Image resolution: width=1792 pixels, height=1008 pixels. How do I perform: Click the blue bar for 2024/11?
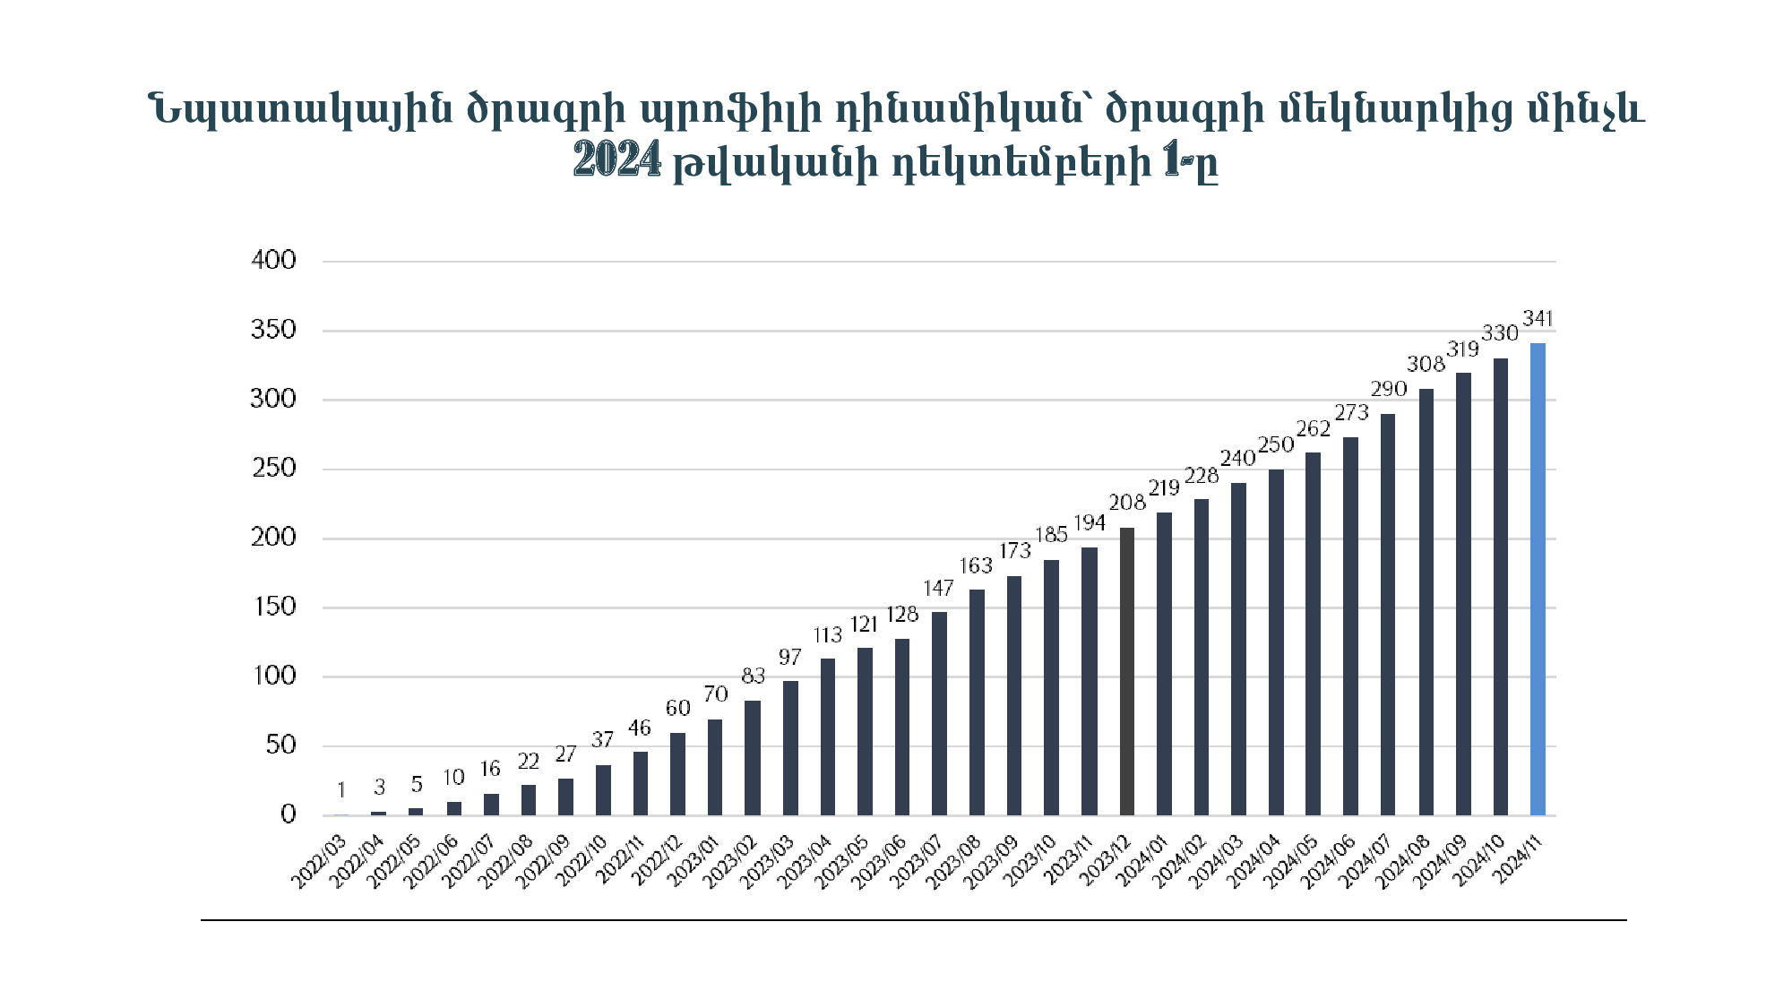pyautogui.click(x=1538, y=579)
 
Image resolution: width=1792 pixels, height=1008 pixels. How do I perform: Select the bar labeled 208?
pyautogui.click(x=1127, y=671)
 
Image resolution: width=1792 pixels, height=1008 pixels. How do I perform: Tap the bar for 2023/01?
pyautogui.click(x=715, y=767)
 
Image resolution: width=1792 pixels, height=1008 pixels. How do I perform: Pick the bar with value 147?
pyautogui.click(x=939, y=713)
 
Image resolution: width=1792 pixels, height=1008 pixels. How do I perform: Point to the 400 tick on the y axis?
pyautogui.click(x=274, y=261)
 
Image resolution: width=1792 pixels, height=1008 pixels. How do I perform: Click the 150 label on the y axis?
pyautogui.click(x=274, y=607)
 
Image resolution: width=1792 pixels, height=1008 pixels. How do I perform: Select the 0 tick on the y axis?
pyautogui.click(x=288, y=814)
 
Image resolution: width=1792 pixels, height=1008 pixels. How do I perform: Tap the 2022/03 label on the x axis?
pyautogui.click(x=319, y=862)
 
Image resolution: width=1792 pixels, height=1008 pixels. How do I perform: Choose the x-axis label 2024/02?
pyautogui.click(x=1179, y=862)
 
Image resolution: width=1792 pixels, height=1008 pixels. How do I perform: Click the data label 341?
pyautogui.click(x=1538, y=319)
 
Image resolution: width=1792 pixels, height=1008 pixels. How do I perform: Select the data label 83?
pyautogui.click(x=753, y=676)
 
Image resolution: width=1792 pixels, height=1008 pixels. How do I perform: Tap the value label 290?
pyautogui.click(x=1388, y=390)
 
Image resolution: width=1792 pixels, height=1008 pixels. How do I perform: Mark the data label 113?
pyautogui.click(x=828, y=635)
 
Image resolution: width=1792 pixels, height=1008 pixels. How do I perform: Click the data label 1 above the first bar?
pyautogui.click(x=341, y=790)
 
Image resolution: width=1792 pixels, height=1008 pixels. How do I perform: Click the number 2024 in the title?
pyautogui.click(x=617, y=161)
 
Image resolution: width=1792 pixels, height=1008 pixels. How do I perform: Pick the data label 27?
pyautogui.click(x=565, y=754)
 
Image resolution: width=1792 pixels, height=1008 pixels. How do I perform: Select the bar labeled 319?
pyautogui.click(x=1463, y=594)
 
